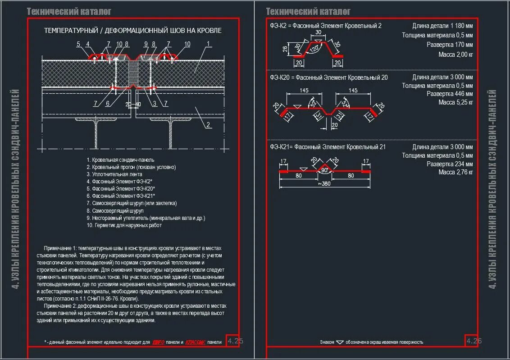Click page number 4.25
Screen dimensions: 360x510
tap(235, 341)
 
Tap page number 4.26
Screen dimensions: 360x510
tap(474, 341)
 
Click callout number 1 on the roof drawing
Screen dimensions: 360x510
tap(209, 44)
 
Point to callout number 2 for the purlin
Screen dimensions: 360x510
tap(208, 125)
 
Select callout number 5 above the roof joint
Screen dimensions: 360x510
tap(78, 44)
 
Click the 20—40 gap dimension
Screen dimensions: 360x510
tap(133, 104)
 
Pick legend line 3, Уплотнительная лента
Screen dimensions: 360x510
tap(114, 174)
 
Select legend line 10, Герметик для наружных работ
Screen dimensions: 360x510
tap(124, 225)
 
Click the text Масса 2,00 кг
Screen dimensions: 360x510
tap(455, 55)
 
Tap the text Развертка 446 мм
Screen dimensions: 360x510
tap(450, 94)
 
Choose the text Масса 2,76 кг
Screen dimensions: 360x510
tap(455, 172)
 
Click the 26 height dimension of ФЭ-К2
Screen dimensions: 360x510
tap(285, 49)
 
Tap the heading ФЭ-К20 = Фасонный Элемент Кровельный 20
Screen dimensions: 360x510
tap(328, 77)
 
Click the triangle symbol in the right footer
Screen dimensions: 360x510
tap(340, 342)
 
